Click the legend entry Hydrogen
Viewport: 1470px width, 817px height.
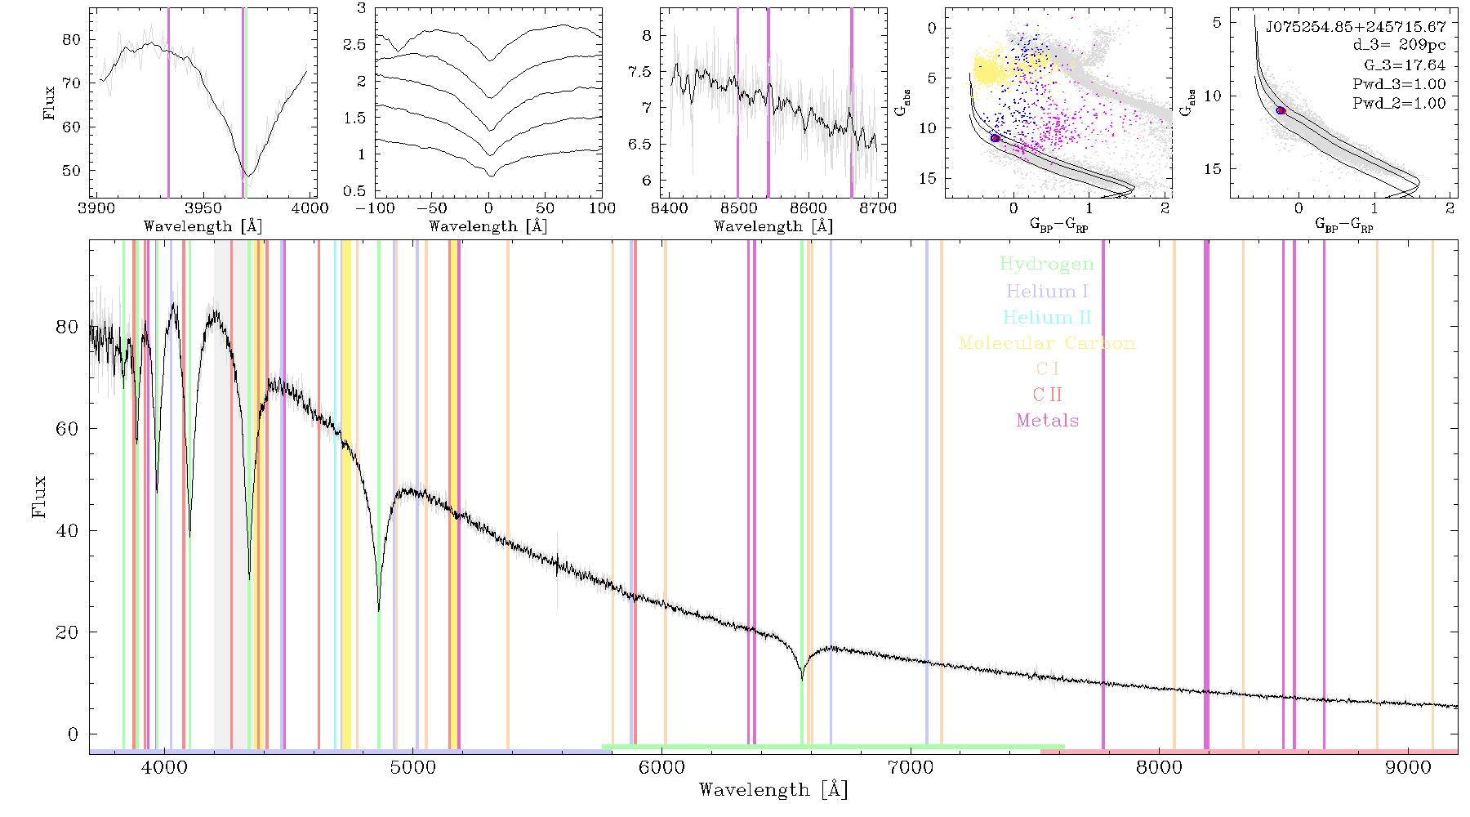(1047, 265)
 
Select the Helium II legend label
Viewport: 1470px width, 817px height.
(1047, 317)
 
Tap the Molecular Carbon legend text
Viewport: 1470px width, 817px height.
(1047, 343)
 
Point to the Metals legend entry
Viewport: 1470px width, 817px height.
(1048, 421)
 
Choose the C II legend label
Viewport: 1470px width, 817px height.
(1048, 395)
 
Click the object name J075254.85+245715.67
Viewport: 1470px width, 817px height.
(1356, 26)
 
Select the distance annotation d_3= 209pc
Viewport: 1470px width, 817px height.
(1399, 45)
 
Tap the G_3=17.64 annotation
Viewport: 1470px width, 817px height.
(1405, 65)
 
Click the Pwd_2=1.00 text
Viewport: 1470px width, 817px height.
(1399, 103)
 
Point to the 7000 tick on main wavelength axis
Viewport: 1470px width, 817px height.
(911, 767)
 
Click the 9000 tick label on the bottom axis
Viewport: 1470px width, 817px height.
(1408, 767)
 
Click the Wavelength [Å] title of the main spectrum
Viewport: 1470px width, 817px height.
(773, 790)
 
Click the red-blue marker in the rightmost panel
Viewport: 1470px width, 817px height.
(1281, 110)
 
